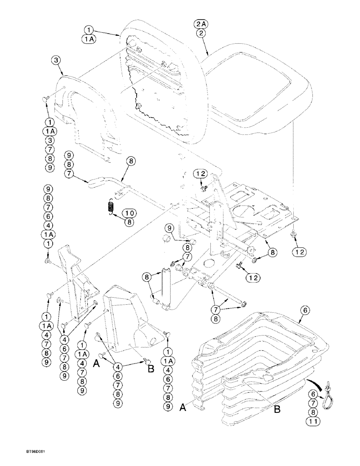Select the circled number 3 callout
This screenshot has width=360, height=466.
click(56, 61)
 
